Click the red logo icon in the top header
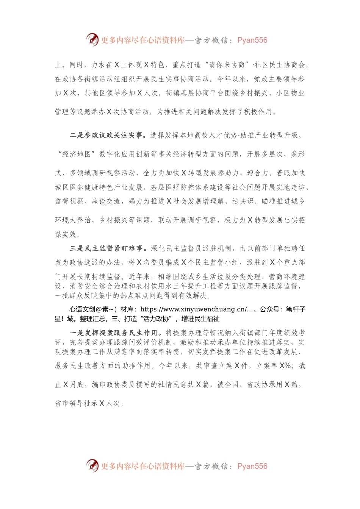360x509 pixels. [92, 39]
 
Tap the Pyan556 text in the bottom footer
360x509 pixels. [252, 466]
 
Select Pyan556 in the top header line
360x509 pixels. [252, 40]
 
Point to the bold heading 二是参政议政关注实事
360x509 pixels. [106, 135]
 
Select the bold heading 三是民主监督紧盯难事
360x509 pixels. [106, 248]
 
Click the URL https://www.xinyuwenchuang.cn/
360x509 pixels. [194, 309]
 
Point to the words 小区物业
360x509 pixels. [291, 93]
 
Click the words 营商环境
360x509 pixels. [283, 277]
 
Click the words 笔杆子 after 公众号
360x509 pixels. [296, 309]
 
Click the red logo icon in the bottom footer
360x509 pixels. [92, 465]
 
